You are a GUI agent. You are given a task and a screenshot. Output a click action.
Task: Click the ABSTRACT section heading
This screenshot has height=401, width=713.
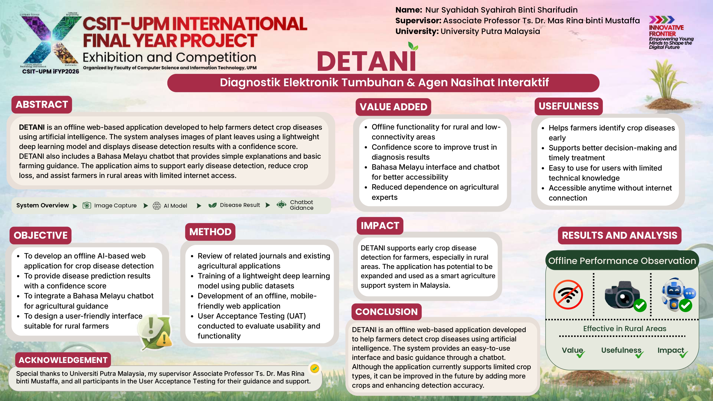tap(42, 105)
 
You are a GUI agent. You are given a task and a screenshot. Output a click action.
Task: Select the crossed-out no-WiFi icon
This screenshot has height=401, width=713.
tap(568, 294)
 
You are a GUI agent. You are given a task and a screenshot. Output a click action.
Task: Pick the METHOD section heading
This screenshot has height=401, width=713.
tap(210, 232)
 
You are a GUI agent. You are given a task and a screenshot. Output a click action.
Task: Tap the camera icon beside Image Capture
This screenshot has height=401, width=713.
tap(87, 205)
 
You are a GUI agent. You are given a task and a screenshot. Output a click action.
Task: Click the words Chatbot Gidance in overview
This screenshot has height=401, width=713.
tap(301, 205)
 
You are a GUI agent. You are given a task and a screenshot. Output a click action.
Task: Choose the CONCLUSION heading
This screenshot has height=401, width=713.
tap(386, 312)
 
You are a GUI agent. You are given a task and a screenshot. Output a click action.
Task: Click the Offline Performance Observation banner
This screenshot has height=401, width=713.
tap(622, 261)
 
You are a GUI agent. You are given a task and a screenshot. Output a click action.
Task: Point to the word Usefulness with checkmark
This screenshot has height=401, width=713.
tap(621, 350)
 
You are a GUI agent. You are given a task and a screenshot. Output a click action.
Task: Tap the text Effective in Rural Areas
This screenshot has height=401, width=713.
tap(624, 329)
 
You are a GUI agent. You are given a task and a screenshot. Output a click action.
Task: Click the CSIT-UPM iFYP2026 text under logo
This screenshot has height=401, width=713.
tap(50, 72)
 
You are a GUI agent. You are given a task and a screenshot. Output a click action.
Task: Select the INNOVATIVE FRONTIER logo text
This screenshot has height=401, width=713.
tap(666, 30)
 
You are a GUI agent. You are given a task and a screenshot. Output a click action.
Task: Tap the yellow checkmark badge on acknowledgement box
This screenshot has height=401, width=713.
tap(315, 368)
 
